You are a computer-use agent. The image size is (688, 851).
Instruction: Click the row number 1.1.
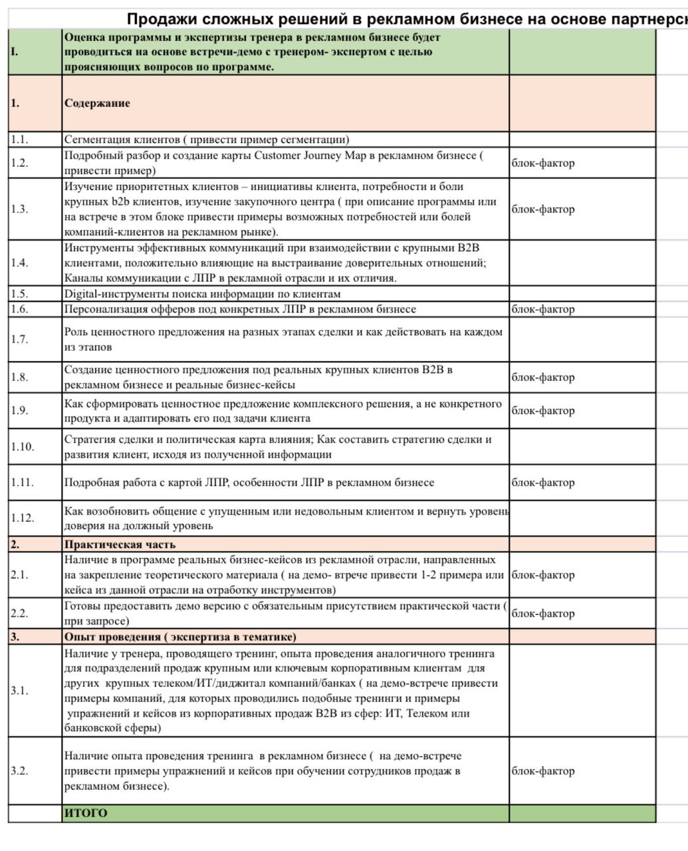19,140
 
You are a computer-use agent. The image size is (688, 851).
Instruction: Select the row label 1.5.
19,294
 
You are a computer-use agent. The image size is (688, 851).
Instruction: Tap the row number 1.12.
22,518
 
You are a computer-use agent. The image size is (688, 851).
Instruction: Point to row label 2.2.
19,613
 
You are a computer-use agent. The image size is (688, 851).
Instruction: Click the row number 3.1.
19,690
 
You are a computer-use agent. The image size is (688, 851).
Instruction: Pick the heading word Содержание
97,103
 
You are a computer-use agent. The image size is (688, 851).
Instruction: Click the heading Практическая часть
120,545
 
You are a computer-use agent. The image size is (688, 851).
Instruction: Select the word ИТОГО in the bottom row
86,813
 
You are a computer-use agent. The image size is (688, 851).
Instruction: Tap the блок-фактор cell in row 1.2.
543,163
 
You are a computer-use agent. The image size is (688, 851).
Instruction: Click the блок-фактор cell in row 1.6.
543,309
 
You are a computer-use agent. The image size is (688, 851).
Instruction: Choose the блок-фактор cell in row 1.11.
543,483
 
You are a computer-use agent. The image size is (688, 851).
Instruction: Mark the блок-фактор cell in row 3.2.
543,771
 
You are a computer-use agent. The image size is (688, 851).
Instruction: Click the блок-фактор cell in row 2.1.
543,575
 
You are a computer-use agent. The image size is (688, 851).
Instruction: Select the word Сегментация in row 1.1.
94,140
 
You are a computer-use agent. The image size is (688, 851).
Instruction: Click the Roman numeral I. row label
15,52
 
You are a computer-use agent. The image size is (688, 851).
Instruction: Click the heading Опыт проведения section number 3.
15,637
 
